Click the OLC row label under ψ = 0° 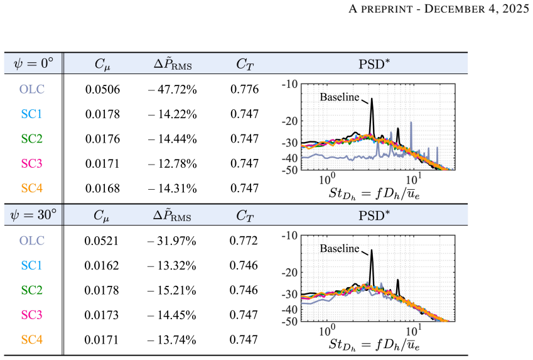[32, 89]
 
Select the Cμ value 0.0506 [103, 89]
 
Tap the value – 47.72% [173, 89]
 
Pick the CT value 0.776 [244, 89]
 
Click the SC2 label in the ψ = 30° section [32, 290]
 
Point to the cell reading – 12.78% [173, 164]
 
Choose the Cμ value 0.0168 [103, 188]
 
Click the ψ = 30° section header [33, 215]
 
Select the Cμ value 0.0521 [102, 241]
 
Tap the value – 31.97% [171, 241]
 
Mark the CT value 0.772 [244, 241]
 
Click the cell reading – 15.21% [171, 290]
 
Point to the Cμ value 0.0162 [102, 265]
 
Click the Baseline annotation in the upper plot [340, 97]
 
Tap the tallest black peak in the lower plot [372, 251]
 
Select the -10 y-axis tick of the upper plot [289, 84]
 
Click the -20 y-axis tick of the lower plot [289, 272]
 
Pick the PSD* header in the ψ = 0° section [374, 63]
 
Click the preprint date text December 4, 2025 [476, 9]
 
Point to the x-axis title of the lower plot [374, 345]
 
